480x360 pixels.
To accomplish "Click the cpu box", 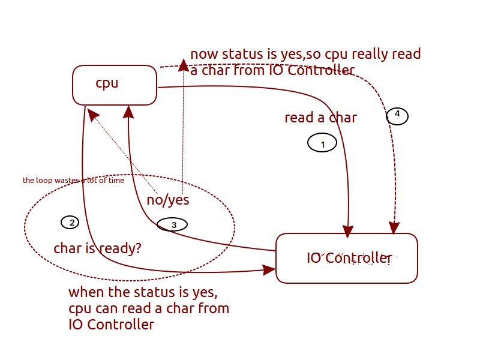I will (114, 84).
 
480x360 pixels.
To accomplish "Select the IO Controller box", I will (346, 258).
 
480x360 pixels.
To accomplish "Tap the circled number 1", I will (322, 143).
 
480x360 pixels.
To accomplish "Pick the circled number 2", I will (70, 223).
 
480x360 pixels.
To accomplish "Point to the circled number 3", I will (172, 224).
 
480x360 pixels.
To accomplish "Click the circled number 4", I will (397, 115).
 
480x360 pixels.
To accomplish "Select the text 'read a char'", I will (320, 118).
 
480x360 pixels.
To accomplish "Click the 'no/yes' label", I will (168, 200).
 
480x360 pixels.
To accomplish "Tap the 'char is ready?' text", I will (98, 248).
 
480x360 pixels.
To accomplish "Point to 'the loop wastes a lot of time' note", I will (73, 180).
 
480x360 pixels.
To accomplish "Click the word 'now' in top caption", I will (205, 55).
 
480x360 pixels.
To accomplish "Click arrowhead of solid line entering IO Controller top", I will (348, 230).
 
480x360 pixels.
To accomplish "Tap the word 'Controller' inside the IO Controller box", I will (359, 259).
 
